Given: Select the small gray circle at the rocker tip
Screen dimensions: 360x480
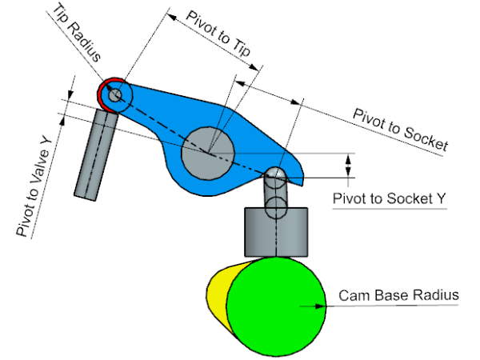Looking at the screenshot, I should pos(115,94).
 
